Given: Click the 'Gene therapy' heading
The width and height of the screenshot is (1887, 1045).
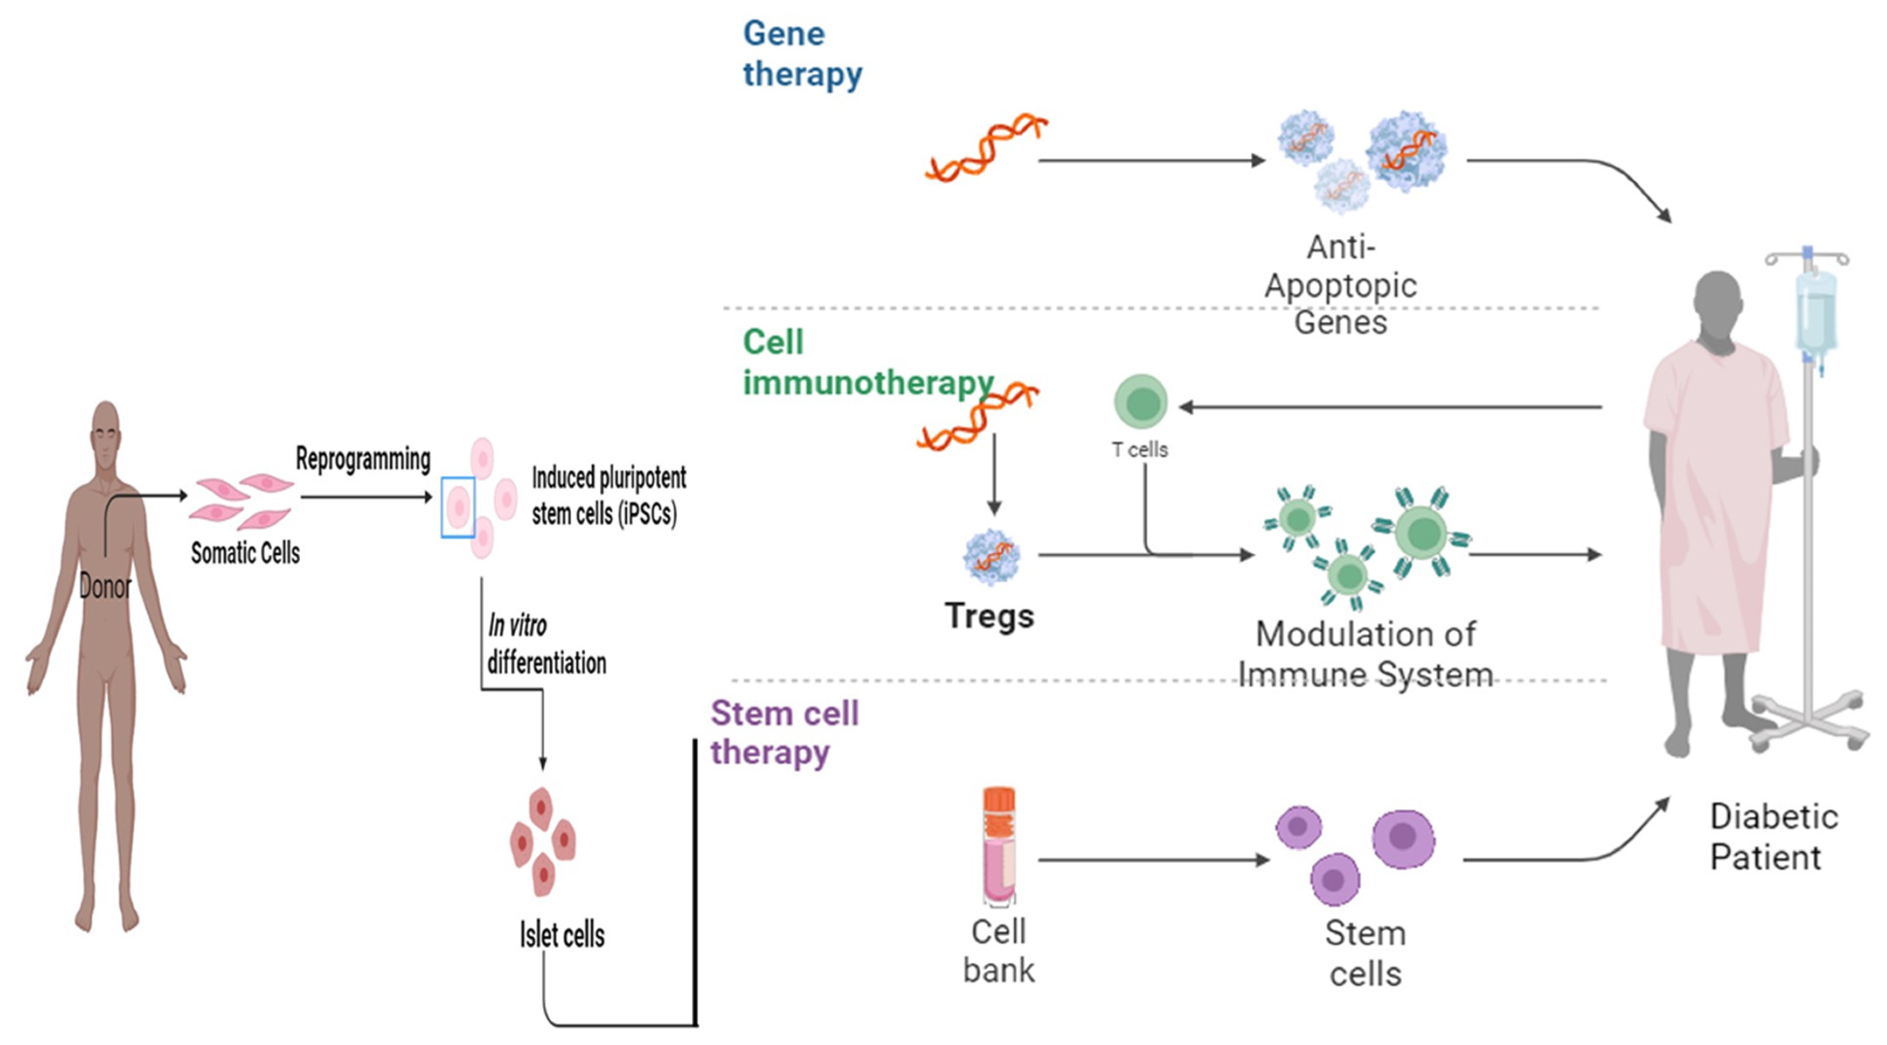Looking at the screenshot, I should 802,53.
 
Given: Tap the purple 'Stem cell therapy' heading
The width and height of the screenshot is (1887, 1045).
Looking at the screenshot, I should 784,732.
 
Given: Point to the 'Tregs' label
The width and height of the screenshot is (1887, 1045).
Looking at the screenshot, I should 989,616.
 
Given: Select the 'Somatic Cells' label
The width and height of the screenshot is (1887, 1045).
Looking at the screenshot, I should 245,553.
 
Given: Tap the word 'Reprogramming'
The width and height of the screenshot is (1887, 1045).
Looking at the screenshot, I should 363,460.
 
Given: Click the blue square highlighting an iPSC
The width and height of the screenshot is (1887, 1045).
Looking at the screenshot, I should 458,507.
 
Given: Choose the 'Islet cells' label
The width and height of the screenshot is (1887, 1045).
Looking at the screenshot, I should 562,935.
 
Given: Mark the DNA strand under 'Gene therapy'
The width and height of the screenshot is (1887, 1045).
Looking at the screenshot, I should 985,148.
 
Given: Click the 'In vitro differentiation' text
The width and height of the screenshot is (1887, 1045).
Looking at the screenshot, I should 546,645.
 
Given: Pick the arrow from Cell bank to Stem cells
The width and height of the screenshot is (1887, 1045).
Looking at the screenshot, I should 1154,860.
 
